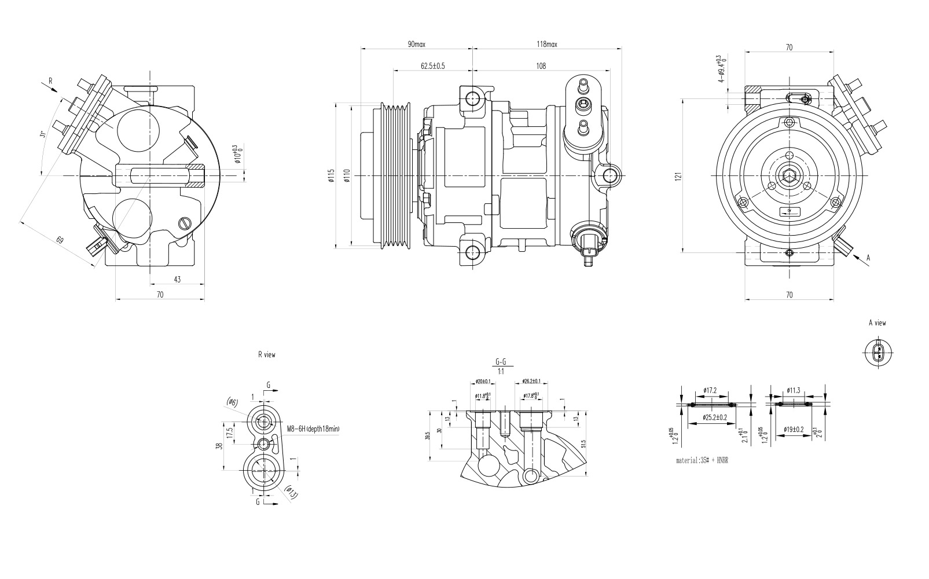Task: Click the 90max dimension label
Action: [417, 45]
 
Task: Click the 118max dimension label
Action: [546, 45]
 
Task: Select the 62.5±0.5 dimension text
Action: [433, 66]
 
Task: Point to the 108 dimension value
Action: [541, 66]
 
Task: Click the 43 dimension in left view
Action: [177, 280]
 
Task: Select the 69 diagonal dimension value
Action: [60, 239]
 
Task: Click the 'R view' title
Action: [267, 355]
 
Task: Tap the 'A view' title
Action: [877, 323]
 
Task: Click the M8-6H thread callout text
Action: [313, 429]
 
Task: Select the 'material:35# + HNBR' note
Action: [702, 461]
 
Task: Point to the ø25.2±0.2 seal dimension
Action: [715, 417]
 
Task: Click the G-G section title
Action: [501, 362]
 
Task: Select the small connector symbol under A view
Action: [877, 353]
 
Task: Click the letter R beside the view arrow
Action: [50, 82]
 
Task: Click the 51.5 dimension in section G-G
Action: [584, 443]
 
